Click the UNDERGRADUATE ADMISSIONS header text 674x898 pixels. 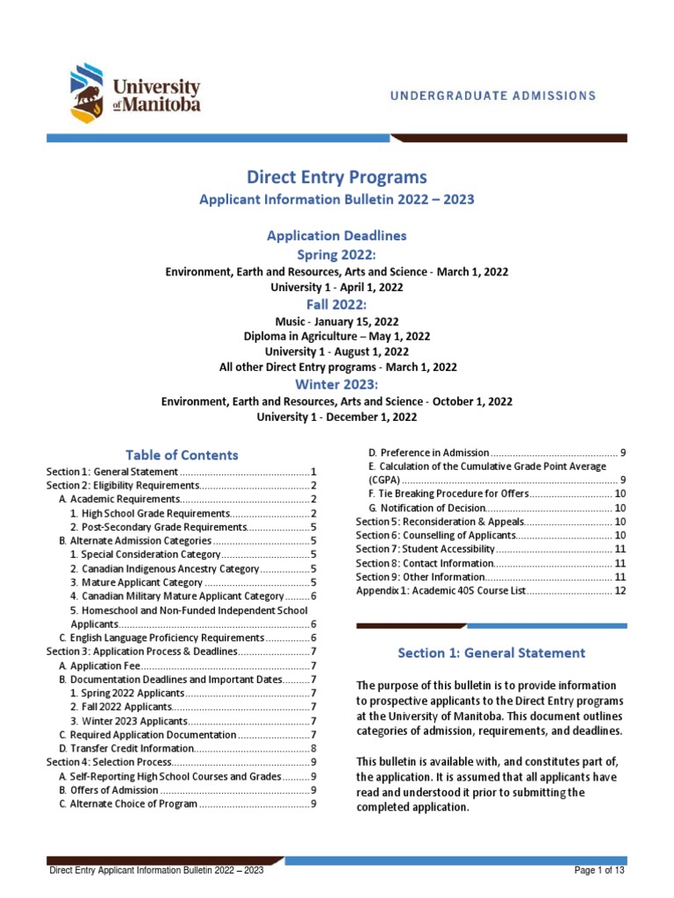tap(494, 95)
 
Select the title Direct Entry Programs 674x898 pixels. tap(337, 179)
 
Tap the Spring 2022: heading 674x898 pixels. tap(337, 254)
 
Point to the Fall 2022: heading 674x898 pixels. tap(337, 303)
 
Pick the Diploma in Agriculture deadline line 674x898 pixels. tap(337, 336)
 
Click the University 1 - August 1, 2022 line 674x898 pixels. tap(337, 352)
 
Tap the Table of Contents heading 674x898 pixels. tap(182, 454)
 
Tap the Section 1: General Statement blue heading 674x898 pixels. tap(491, 652)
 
